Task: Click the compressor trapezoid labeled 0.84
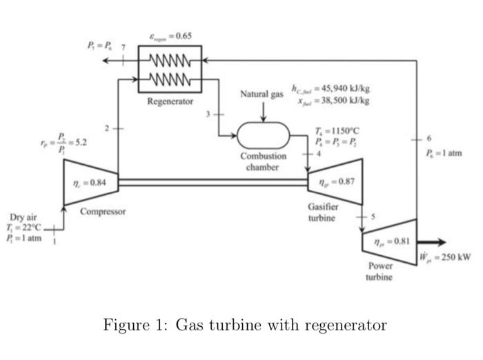coord(90,182)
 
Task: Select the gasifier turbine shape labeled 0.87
coord(336,182)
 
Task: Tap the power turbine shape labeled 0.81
coord(390,242)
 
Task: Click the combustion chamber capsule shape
coord(263,134)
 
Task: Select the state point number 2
coord(107,129)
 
